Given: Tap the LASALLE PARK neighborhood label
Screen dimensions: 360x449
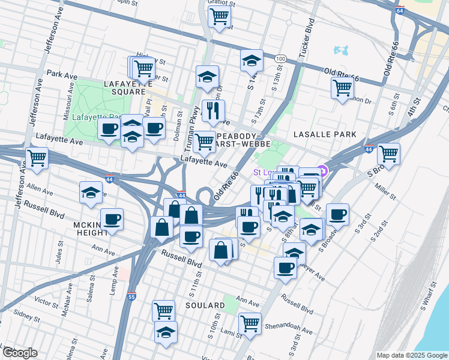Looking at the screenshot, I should tap(325, 134).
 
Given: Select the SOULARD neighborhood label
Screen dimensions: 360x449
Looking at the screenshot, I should tap(204, 305).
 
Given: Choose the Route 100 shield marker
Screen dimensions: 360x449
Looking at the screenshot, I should tap(280, 58).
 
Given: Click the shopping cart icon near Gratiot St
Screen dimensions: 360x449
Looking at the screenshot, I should tap(220, 16).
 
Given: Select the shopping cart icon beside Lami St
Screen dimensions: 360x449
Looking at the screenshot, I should tap(250, 323).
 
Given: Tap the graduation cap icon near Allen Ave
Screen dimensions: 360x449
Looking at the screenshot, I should tap(91, 192).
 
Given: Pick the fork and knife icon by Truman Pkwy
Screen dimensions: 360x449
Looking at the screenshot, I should tap(213, 110).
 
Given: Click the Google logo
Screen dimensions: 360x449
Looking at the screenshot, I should tap(20, 352).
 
